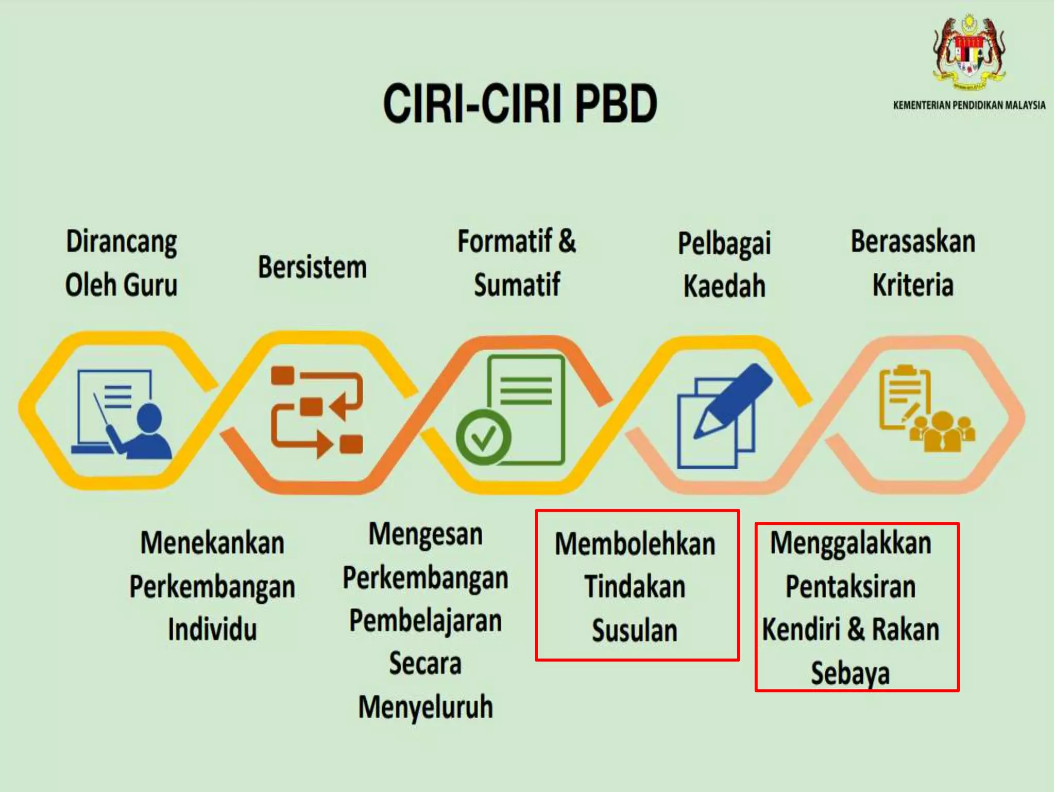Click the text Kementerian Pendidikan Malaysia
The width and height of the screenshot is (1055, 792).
[x=969, y=105]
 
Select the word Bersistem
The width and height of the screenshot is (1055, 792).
[x=312, y=267]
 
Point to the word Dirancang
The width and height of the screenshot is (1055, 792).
[x=122, y=242]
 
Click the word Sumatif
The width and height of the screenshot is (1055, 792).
[x=517, y=285]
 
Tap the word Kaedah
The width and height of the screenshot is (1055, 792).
[x=724, y=286]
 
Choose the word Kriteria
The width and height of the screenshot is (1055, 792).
[x=913, y=285]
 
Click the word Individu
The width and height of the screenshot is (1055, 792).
[x=212, y=630]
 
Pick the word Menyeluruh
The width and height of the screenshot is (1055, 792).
[x=426, y=707]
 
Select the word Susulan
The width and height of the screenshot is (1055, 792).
[x=635, y=631]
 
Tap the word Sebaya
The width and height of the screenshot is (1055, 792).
[x=850, y=673]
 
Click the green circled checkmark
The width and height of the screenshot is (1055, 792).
[x=483, y=438]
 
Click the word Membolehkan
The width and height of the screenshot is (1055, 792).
[x=635, y=544]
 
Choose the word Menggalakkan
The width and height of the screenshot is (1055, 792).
[x=850, y=543]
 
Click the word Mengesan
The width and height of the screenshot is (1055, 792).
[x=426, y=534]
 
